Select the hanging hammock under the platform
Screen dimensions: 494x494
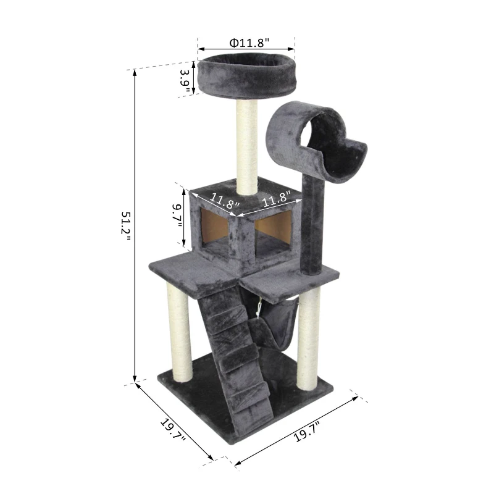click(272, 321)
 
